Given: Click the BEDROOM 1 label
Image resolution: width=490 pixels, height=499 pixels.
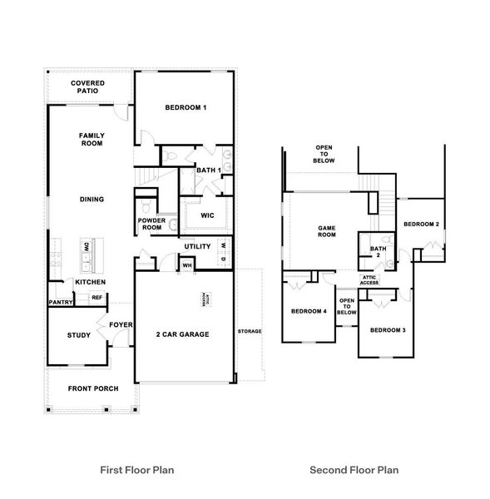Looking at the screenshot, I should [x=186, y=108].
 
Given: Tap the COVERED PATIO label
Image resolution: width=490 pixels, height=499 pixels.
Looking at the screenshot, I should [x=87, y=88].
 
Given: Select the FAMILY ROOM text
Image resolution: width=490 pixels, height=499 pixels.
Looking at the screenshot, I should [x=91, y=139].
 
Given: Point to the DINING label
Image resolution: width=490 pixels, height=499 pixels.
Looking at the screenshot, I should [x=92, y=200].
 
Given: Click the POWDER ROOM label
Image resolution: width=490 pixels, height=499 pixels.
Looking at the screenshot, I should [x=151, y=225].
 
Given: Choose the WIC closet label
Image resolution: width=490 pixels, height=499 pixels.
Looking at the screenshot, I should [x=208, y=215].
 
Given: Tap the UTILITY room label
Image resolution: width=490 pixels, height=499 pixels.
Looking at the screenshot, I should [x=198, y=246].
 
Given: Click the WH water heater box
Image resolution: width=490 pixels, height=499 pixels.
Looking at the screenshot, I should [x=187, y=265].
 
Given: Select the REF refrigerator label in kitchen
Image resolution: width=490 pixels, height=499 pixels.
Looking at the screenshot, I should [x=97, y=298].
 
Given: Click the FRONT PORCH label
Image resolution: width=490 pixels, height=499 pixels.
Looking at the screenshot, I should [x=92, y=388].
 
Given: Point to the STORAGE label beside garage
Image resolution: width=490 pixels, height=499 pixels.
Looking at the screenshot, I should [x=249, y=331].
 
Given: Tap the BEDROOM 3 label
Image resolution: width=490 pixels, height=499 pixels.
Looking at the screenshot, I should [x=387, y=331].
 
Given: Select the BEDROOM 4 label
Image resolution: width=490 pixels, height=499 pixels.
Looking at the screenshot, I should [x=309, y=312].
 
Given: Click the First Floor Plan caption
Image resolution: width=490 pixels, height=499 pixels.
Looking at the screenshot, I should [x=138, y=470].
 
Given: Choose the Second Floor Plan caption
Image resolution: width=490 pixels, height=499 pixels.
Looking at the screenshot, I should [x=354, y=470].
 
